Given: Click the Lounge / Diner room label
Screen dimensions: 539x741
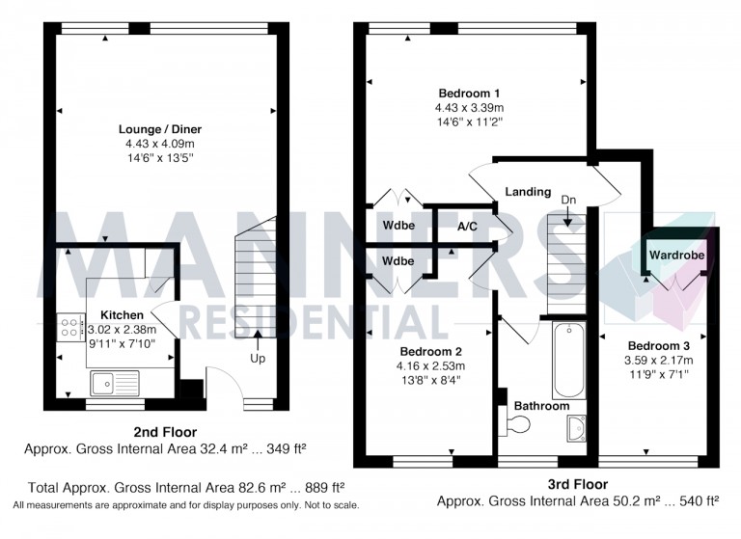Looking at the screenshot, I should click(159, 128).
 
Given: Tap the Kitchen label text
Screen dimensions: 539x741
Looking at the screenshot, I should click(121, 315).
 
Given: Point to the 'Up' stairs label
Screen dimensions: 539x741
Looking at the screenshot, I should click(258, 359).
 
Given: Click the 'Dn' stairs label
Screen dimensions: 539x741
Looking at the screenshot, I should click(569, 200).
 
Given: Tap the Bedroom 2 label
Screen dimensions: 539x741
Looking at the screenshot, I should click(429, 351).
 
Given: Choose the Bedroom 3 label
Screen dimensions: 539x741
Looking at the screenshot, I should click(658, 345).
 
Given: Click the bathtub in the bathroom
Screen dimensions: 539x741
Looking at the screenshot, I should click(569, 360).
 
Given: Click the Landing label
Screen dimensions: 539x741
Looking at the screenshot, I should click(528, 192).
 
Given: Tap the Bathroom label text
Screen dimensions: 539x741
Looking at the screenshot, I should click(540, 406).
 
